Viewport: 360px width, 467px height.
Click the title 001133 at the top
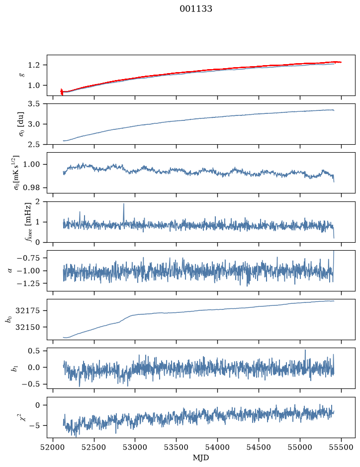click(x=195, y=9)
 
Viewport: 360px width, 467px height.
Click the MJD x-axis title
click(x=201, y=457)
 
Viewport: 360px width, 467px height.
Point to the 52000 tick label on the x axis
click(x=53, y=447)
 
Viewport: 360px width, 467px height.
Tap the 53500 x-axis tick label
click(x=176, y=447)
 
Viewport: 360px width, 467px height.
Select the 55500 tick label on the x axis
click(x=341, y=447)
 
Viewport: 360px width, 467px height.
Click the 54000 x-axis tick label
click(x=217, y=447)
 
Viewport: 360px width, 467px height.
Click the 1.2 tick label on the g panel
click(x=34, y=65)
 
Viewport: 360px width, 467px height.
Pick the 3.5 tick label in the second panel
click(x=34, y=104)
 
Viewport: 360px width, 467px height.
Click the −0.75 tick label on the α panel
click(x=28, y=258)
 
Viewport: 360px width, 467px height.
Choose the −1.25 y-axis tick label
click(x=28, y=283)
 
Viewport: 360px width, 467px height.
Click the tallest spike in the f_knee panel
click(x=124, y=204)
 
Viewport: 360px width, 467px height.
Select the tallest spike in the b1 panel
click(x=305, y=350)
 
